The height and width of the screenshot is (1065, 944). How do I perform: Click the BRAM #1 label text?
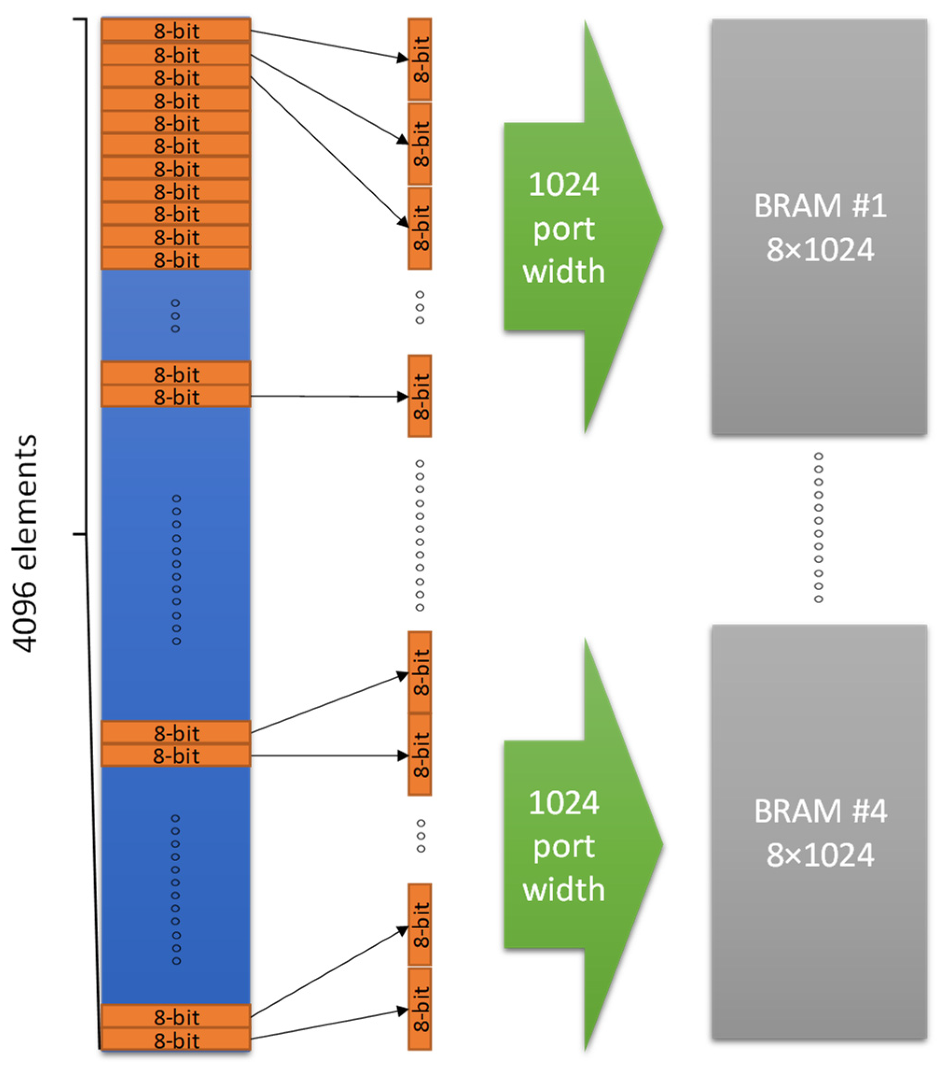[820, 206]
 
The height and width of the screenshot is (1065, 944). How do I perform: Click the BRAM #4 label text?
[820, 811]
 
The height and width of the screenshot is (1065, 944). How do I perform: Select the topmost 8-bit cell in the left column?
[176, 31]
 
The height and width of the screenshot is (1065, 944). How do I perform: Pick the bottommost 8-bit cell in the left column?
[176, 1041]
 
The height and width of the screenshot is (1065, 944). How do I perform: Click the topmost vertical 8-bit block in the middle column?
[420, 59]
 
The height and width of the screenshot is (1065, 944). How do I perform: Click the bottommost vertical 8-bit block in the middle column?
[420, 1009]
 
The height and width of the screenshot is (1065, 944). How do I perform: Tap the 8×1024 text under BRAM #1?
[820, 250]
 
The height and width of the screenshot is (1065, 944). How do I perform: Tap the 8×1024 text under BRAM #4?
[820, 855]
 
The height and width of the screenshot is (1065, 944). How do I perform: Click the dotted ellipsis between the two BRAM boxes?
[819, 527]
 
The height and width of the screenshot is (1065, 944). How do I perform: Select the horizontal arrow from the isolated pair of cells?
[328, 397]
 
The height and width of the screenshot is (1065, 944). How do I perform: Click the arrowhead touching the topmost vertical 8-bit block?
[402, 58]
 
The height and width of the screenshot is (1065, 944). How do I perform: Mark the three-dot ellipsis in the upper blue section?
[175, 316]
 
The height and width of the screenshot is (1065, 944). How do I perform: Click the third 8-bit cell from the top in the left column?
[176, 77]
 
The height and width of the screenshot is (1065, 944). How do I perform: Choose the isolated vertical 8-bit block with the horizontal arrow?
[420, 396]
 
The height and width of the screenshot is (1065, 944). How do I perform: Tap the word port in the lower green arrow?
[564, 846]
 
